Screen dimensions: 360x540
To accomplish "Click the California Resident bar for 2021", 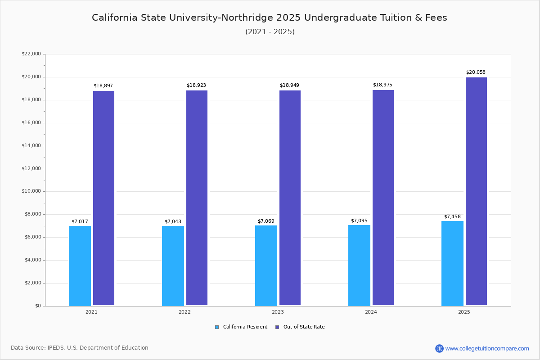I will tap(80, 265).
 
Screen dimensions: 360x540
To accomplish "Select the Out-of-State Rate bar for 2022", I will tap(197, 198).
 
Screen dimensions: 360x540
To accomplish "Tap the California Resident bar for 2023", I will tap(266, 265).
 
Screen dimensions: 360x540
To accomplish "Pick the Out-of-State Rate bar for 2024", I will tap(383, 198).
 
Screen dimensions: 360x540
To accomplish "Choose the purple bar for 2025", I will tap(476, 191).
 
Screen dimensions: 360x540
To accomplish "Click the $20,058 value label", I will tap(476, 72).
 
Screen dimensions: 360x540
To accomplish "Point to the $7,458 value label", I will tap(452, 216).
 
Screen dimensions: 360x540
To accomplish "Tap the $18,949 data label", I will tap(289, 85).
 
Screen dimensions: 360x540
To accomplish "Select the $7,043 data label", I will tap(173, 222).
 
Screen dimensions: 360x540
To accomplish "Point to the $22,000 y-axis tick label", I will tap(31, 54).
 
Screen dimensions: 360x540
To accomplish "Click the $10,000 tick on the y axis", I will tap(31, 191).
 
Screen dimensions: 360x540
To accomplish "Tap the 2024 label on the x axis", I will tap(371, 312).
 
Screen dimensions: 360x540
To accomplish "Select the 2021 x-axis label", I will tap(91, 312).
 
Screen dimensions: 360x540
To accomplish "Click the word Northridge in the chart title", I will tap(243, 18).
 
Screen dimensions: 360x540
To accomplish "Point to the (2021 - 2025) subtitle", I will tap(270, 32).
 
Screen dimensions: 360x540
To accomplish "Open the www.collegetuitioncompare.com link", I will tap(487, 348).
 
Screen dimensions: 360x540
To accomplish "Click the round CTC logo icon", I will tap(439, 348).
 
